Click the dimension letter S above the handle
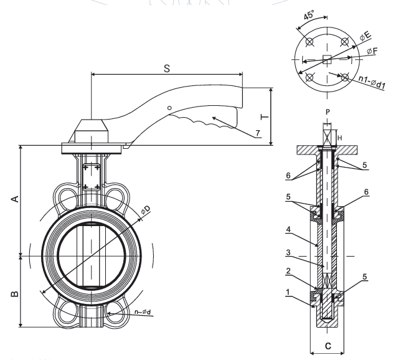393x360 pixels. tap(167, 68)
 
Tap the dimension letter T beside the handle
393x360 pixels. tap(265, 117)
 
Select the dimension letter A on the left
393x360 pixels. tap(15, 199)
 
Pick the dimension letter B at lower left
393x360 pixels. tap(15, 293)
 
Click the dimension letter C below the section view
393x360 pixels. tap(328, 346)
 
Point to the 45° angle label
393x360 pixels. tap(309, 15)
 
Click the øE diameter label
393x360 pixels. tap(366, 36)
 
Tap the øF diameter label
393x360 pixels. tap(372, 51)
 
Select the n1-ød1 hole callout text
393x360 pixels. tap(372, 82)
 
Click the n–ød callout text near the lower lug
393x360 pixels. tap(143, 311)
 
